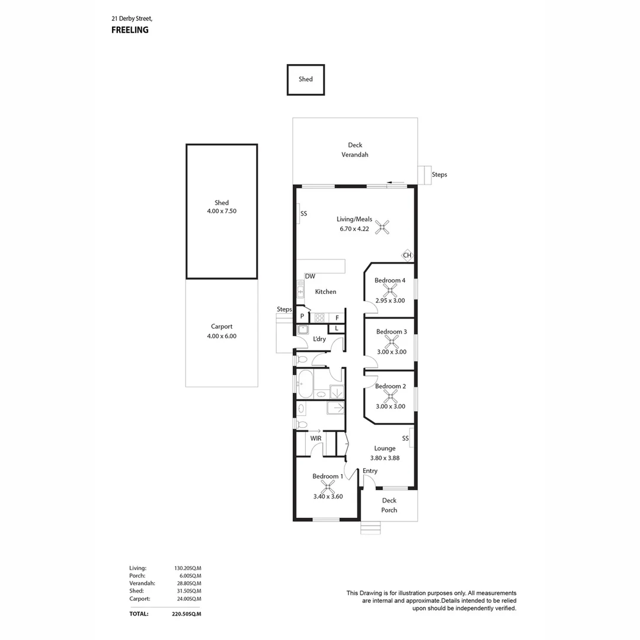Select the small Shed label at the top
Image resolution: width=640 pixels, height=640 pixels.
point(306,79)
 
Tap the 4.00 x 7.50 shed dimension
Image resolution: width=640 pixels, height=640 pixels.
point(222,211)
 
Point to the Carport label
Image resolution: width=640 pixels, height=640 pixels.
point(222,327)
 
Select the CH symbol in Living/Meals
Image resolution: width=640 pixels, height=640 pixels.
point(407,255)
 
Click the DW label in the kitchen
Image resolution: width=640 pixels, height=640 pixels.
point(310,276)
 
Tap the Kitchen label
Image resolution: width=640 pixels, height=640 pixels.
point(325,292)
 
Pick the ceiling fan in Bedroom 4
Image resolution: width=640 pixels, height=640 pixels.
point(390,290)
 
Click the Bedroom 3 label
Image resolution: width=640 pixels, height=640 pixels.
point(391,332)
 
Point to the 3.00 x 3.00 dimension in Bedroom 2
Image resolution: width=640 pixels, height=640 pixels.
point(391,407)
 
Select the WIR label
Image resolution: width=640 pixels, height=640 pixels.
point(316,439)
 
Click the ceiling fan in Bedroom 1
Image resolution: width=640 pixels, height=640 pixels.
point(328,487)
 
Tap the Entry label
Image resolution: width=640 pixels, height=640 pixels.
point(370,471)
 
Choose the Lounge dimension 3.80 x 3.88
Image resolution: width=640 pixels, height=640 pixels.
point(385,457)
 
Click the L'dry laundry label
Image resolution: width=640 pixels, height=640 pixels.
point(319,339)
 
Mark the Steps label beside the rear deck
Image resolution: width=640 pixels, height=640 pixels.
point(439,175)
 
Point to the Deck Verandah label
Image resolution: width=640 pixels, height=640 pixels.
point(355,150)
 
